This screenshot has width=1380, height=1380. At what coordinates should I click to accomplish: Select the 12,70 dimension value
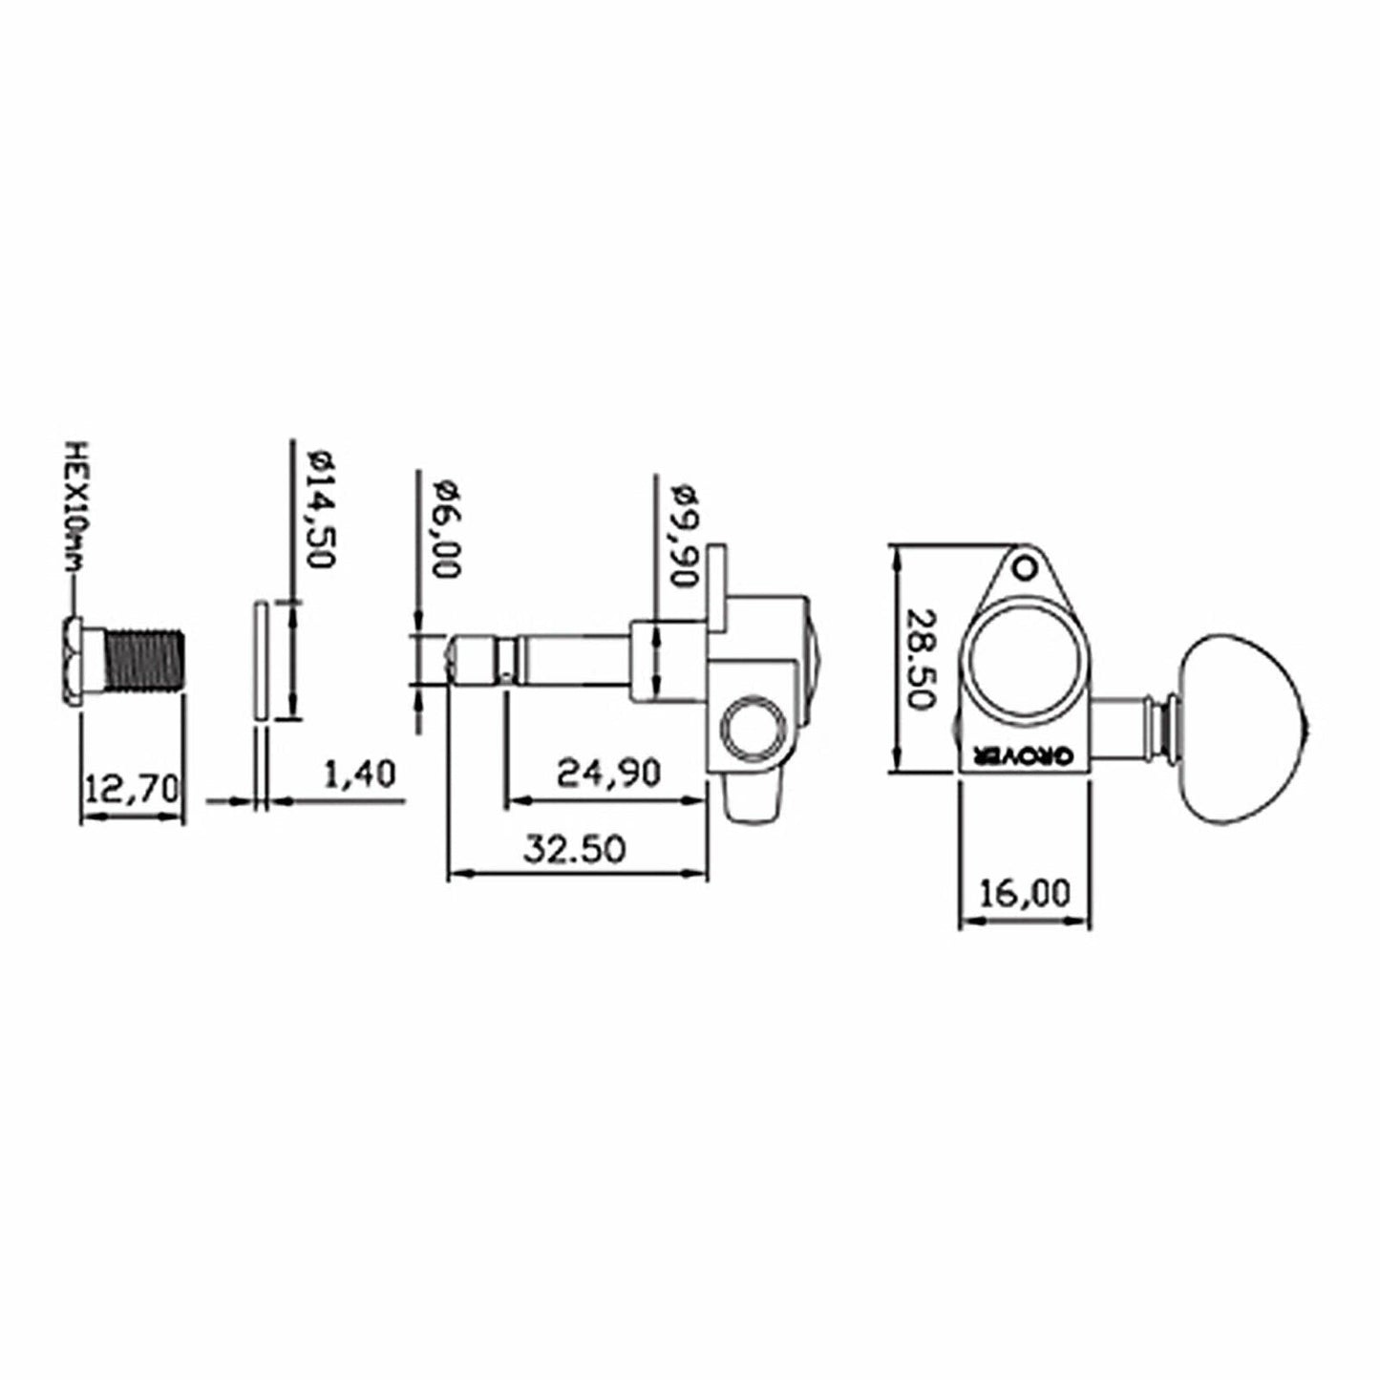131,789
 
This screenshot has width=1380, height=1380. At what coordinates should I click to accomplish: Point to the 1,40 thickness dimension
359,774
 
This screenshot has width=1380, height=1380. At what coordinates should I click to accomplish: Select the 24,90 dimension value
608,772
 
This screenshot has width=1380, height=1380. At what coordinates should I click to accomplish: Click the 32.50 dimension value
574,847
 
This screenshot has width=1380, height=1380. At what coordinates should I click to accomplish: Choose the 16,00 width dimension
1024,894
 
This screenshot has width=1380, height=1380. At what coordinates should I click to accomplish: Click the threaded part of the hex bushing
146,660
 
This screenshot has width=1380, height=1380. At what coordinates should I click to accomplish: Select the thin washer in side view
259,660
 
